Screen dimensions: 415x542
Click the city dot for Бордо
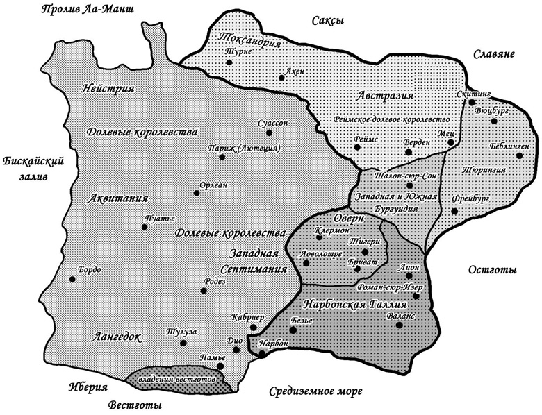pos(72,280)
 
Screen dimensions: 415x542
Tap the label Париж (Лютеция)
pos(243,148)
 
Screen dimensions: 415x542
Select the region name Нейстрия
pos(108,88)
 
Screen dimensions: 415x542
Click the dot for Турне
pos(229,63)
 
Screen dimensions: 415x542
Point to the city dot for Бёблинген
pos(519,155)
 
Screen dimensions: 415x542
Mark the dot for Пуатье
pos(145,227)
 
